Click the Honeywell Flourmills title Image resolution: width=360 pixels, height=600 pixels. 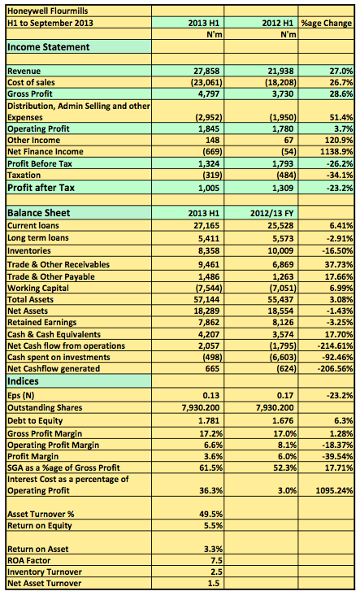[x=47, y=11]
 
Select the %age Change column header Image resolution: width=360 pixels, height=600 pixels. [x=327, y=23]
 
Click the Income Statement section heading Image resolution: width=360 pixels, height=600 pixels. [x=49, y=47]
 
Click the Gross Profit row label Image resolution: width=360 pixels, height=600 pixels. [x=30, y=94]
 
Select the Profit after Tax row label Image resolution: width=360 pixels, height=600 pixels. [x=41, y=188]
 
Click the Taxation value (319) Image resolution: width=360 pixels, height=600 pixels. [x=212, y=176]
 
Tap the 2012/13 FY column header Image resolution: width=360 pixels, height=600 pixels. [x=272, y=213]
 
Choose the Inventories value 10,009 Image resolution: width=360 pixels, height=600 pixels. [x=280, y=251]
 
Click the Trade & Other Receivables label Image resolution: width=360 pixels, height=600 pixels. [x=59, y=264]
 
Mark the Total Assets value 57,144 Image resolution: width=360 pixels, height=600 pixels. [x=207, y=300]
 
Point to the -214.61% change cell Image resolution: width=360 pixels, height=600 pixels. [x=335, y=346]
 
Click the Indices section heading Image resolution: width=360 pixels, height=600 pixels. [x=23, y=381]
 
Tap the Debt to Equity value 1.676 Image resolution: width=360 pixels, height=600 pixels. [x=284, y=421]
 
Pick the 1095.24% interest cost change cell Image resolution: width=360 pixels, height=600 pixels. [x=334, y=490]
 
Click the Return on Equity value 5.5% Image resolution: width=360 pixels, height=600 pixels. [x=214, y=526]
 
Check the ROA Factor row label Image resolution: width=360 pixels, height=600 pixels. [x=29, y=561]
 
